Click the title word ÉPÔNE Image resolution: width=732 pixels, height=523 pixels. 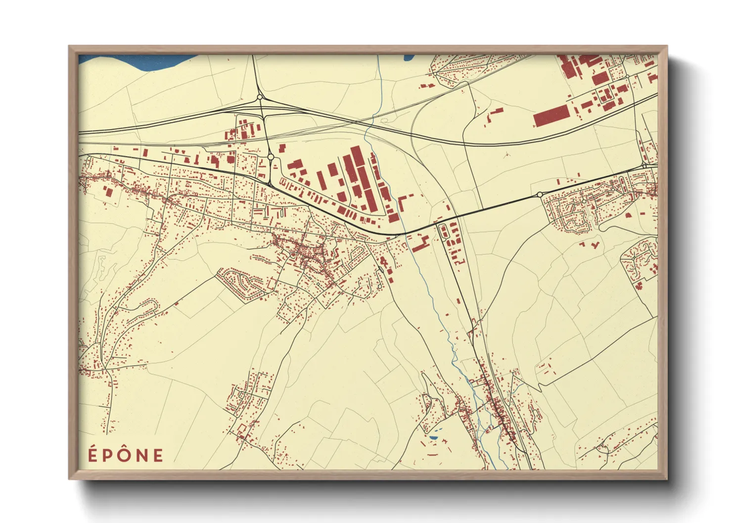[126, 455]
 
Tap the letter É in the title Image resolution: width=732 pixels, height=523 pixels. [92, 455]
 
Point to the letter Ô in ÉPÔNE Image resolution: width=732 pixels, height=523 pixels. [125, 455]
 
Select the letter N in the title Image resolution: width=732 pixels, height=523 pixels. [142, 455]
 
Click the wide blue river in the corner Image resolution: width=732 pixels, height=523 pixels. [134, 62]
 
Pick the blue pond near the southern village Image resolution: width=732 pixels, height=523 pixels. [433, 438]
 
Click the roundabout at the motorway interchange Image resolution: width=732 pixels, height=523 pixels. [259, 98]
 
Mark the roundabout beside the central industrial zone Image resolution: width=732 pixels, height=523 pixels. [271, 157]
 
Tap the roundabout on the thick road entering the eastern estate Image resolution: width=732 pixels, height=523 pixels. [540, 195]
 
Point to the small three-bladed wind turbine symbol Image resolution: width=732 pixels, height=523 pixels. [506, 155]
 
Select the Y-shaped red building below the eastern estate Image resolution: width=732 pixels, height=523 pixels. [594, 245]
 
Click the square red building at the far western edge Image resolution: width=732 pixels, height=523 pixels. [107, 192]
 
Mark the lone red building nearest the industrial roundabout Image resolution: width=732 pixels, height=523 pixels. [282, 148]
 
